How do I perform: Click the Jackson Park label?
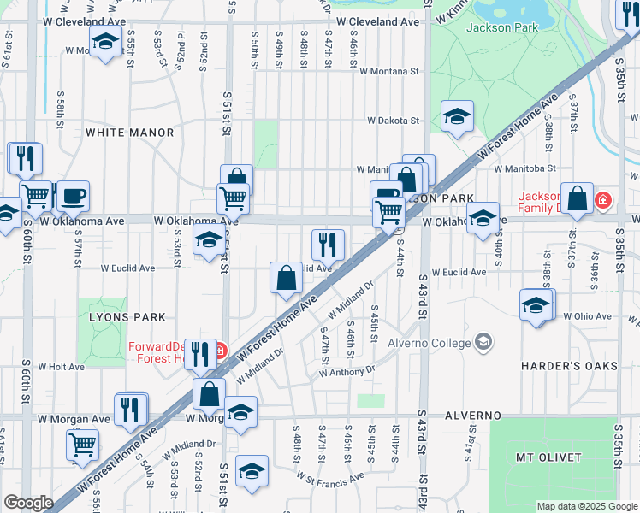pos(502,27)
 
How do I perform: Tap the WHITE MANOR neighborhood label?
pos(129,133)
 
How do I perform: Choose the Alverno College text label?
pos(430,343)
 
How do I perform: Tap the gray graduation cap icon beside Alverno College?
pos(484,342)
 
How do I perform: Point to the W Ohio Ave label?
pos(587,316)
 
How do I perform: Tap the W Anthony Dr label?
pos(347,372)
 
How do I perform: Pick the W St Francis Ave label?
pos(329,480)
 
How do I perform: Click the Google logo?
pos(28,503)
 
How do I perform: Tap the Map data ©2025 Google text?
pos(586,506)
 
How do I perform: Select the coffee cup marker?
pos(73,197)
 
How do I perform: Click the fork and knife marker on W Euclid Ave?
pos(328,245)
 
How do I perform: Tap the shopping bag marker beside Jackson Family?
pos(578,198)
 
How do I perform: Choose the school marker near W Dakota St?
pos(457,116)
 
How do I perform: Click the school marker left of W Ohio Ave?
pos(536,305)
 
